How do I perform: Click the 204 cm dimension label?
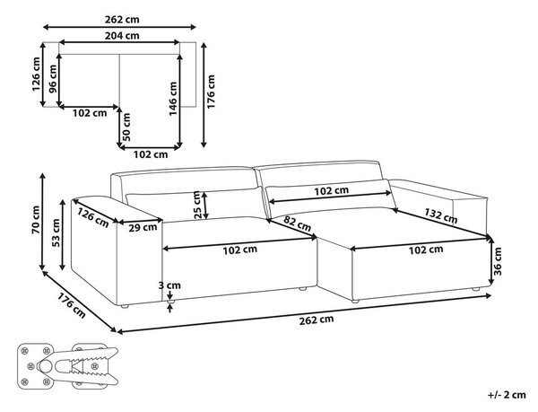[122, 36]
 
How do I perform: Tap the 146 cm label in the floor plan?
[173, 99]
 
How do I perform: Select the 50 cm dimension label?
[126, 127]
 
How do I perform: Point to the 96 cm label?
[53, 79]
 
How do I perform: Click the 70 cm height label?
[35, 220]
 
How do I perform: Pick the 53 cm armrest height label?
[56, 232]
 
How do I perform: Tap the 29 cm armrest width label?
[143, 227]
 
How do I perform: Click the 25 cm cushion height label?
[197, 205]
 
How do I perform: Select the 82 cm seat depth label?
[297, 224]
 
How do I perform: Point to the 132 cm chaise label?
[441, 216]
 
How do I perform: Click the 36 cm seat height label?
[497, 261]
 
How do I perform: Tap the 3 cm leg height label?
[169, 285]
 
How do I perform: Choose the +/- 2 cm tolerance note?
[507, 395]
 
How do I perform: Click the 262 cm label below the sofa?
[317, 320]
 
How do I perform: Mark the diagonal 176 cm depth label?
[71, 305]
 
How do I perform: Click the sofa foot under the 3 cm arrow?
[170, 302]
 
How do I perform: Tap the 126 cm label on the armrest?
[93, 218]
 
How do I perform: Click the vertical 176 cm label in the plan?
[211, 92]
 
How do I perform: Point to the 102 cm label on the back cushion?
[332, 191]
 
